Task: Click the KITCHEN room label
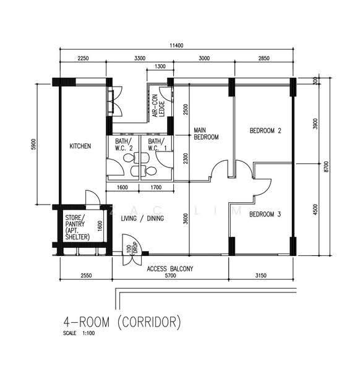[80, 146]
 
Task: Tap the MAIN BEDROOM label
[206, 134]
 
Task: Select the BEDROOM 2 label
[265, 130]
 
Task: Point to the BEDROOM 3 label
[265, 215]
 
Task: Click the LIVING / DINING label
[142, 218]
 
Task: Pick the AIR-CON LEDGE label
[158, 106]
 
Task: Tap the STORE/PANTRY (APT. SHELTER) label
[77, 228]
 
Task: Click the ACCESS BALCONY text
[170, 269]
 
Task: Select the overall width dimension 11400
[176, 45]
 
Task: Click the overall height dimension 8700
[327, 166]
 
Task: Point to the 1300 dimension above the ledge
[160, 66]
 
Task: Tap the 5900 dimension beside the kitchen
[33, 144]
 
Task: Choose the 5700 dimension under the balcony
[171, 275]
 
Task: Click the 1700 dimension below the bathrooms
[156, 187]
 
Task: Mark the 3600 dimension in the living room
[186, 219]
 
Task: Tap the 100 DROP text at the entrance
[132, 248]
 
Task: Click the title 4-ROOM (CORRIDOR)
[122, 322]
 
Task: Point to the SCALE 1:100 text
[79, 333]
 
